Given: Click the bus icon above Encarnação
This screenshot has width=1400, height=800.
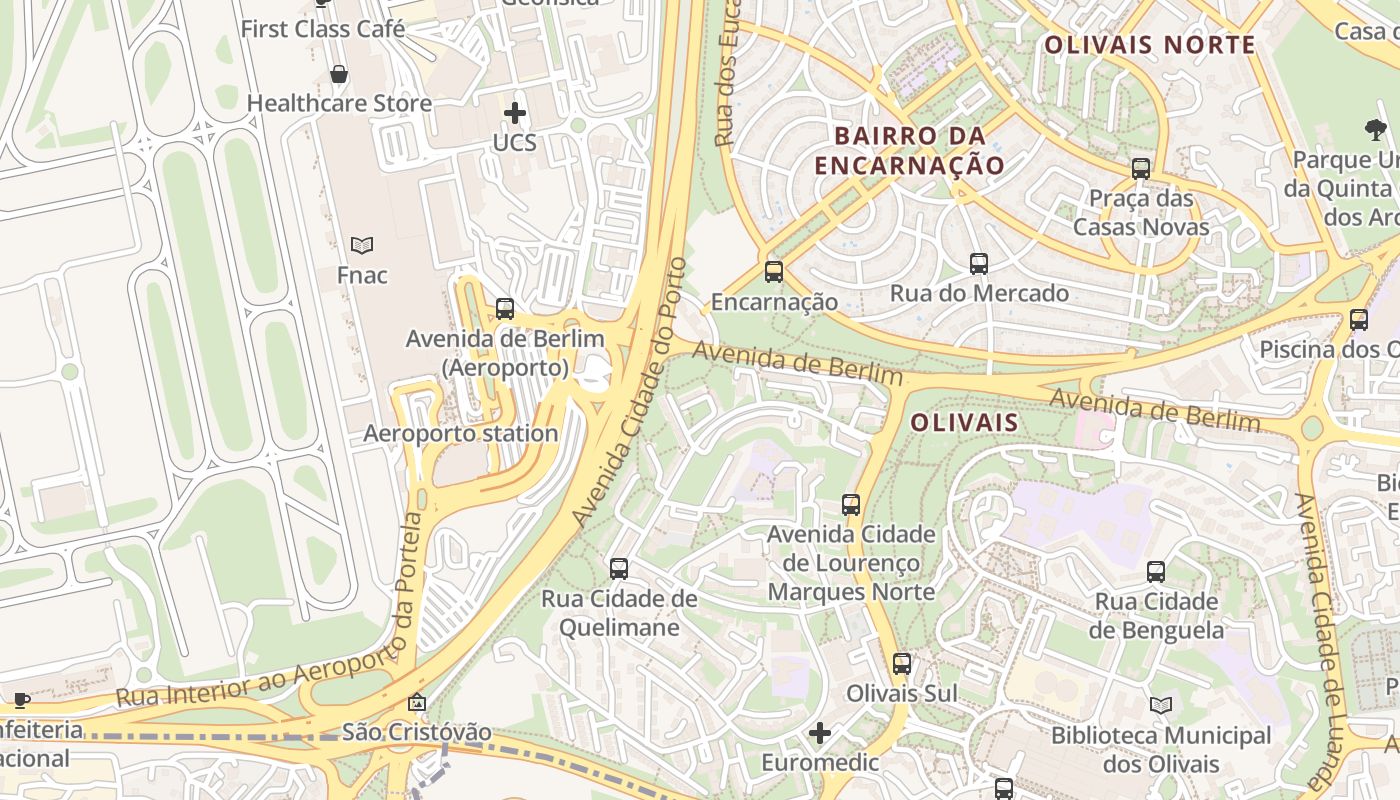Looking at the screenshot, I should pyautogui.click(x=773, y=271).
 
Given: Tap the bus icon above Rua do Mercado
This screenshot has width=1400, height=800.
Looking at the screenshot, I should pyautogui.click(x=979, y=264).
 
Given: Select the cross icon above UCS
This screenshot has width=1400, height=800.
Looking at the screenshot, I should pyautogui.click(x=515, y=113).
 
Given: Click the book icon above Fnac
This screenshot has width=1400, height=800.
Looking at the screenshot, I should pyautogui.click(x=362, y=245).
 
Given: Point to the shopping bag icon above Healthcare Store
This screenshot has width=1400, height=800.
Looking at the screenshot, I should pyautogui.click(x=339, y=74).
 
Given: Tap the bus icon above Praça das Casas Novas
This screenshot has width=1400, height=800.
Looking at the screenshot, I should pyautogui.click(x=1141, y=168).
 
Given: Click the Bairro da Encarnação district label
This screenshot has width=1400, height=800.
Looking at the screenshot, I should pyautogui.click(x=909, y=150).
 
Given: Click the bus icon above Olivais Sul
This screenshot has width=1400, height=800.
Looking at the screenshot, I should pyautogui.click(x=902, y=664).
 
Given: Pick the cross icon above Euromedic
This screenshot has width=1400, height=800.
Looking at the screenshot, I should pyautogui.click(x=820, y=734).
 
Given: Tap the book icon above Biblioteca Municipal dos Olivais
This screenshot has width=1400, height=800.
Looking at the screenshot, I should pyautogui.click(x=1161, y=706).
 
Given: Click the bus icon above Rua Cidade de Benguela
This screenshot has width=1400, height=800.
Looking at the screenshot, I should pyautogui.click(x=1156, y=572).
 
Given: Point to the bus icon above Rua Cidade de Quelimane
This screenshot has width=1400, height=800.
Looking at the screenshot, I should pyautogui.click(x=619, y=569).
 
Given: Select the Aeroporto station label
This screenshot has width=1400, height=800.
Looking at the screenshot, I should pyautogui.click(x=460, y=434).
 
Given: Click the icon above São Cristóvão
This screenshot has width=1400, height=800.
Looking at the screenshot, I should pyautogui.click(x=417, y=703).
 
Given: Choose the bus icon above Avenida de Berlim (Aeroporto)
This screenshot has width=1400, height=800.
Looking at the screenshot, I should pyautogui.click(x=505, y=309).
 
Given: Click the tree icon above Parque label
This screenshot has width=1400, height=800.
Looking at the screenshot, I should pyautogui.click(x=1375, y=129).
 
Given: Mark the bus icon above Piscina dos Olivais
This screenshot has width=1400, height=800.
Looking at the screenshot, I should pyautogui.click(x=1358, y=320).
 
